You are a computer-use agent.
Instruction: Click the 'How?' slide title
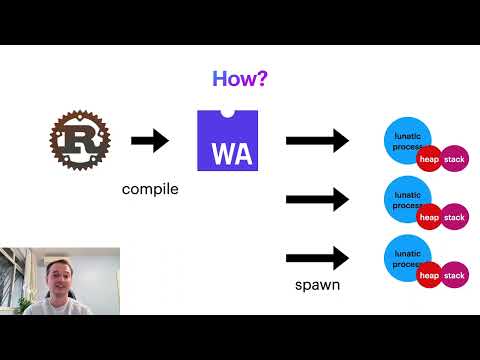(x=239, y=78)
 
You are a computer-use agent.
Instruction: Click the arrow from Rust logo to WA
(x=150, y=141)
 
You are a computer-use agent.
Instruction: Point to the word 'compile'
(x=150, y=187)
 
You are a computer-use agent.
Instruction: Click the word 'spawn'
(x=317, y=285)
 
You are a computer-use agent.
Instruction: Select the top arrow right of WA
(x=317, y=141)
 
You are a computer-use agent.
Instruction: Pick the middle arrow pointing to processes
(x=317, y=200)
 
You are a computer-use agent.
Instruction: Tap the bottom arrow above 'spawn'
(x=317, y=258)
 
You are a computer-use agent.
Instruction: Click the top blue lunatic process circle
(x=405, y=140)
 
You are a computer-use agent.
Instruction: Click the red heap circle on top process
(x=430, y=159)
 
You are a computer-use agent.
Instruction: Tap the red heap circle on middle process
(x=430, y=217)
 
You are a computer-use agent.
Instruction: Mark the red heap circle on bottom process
(x=430, y=275)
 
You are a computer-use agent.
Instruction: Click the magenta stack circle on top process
(x=455, y=159)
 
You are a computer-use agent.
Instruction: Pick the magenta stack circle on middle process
(x=455, y=217)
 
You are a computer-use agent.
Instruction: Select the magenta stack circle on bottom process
(x=455, y=275)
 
